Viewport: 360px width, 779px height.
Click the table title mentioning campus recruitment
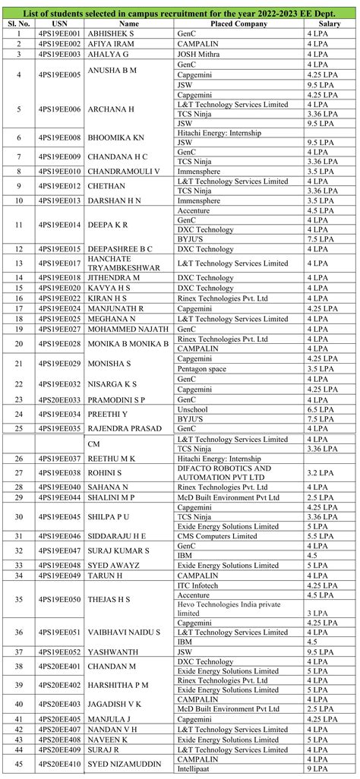click(x=179, y=13)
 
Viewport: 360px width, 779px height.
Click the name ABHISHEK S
click(x=112, y=35)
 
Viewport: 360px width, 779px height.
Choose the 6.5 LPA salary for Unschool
click(x=319, y=409)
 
